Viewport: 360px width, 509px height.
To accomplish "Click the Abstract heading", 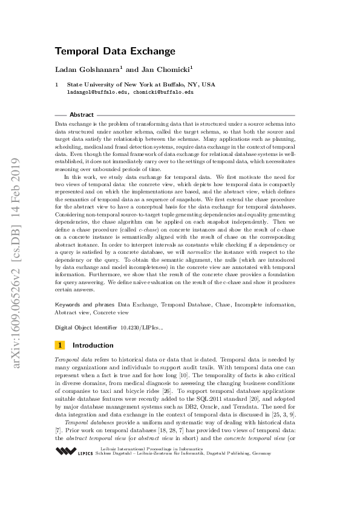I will pyautogui.click(x=82, y=115).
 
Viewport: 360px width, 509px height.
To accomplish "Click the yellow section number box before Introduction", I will pyautogui.click(x=60, y=345).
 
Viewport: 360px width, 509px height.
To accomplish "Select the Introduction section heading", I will pyautogui.click(x=93, y=345).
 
